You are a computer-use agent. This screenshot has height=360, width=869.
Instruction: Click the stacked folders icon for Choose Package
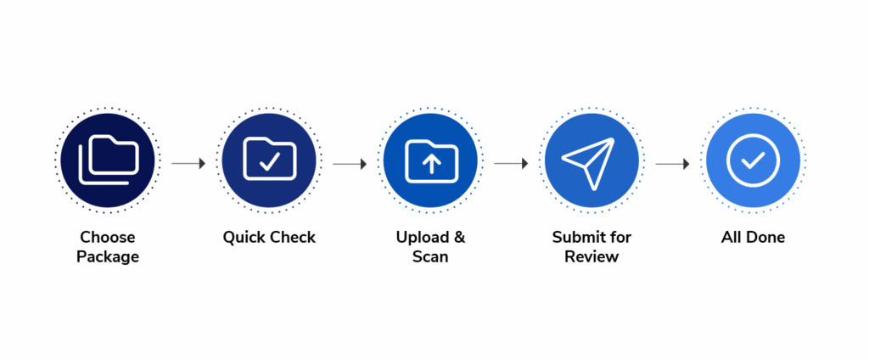(108, 160)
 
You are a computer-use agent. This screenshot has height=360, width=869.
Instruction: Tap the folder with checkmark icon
(269, 160)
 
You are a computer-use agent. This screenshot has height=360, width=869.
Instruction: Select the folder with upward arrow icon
(430, 160)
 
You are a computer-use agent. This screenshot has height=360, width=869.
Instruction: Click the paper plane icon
(591, 160)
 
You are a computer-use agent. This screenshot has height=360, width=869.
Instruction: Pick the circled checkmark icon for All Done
(753, 160)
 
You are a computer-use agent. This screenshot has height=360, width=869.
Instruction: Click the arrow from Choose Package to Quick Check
(188, 163)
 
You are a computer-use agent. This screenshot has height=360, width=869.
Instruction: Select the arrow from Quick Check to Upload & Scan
(350, 163)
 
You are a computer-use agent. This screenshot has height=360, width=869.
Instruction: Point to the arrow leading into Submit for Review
(511, 163)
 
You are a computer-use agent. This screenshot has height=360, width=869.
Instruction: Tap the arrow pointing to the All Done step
(672, 163)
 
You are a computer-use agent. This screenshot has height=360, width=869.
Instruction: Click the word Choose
(108, 237)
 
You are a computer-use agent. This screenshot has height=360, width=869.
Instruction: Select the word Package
(108, 256)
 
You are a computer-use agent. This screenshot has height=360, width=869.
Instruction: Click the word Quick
(244, 237)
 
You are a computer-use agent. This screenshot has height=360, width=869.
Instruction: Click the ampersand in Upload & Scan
(459, 237)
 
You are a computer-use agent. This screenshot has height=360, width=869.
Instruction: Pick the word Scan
(430, 256)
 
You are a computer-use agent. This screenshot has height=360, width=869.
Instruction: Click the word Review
(591, 256)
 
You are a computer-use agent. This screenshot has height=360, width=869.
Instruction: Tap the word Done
(765, 237)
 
